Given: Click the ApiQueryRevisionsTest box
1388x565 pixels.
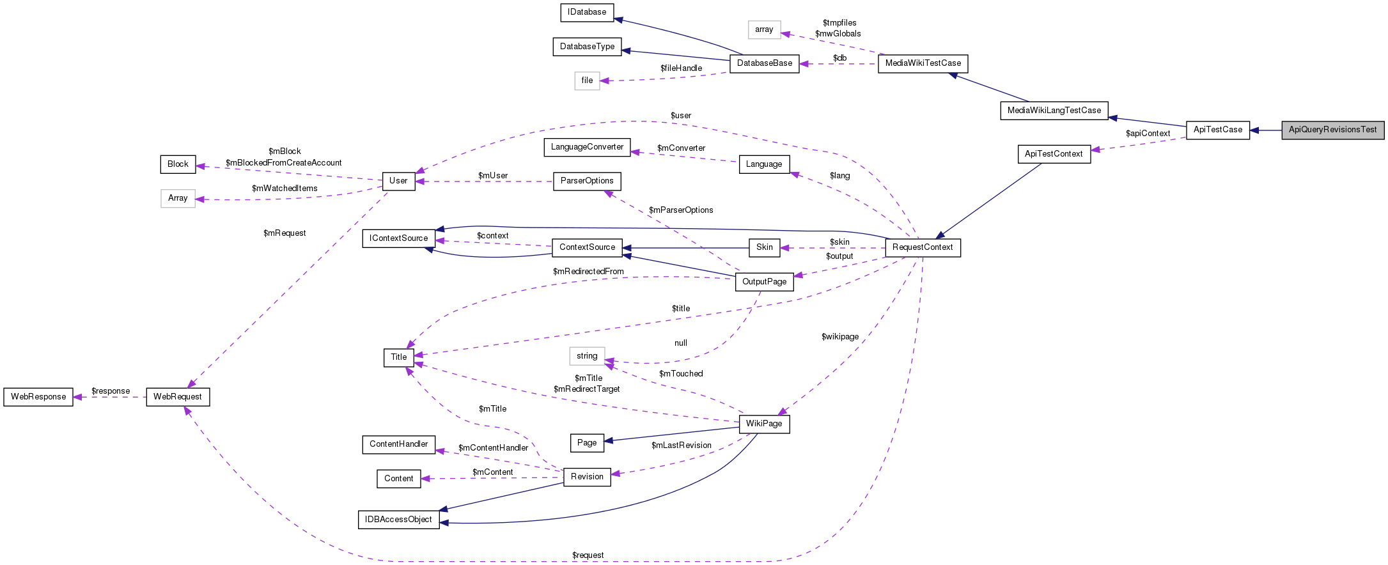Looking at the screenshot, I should coord(1332,130).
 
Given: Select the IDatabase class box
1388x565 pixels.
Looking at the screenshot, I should coord(587,12).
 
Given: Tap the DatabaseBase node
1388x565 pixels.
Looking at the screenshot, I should coord(764,63).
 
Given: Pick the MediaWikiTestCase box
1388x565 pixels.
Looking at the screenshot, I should coord(923,63).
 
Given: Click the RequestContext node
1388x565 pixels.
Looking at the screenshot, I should coord(923,247).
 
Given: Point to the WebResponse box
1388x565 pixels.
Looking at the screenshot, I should coord(38,397).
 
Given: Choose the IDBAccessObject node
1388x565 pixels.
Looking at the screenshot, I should coord(398,520).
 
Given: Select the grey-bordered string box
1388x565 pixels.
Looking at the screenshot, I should coord(587,356).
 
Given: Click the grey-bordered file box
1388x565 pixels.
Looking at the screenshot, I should coord(587,81).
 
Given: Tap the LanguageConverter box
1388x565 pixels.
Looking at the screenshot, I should coord(587,147).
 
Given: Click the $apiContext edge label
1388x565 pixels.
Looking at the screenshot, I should coord(1148,134).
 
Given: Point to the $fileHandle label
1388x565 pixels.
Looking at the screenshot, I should coord(681,68).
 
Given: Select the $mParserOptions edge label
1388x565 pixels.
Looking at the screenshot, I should coord(681,210).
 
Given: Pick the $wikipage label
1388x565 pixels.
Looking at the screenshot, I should coord(840,337).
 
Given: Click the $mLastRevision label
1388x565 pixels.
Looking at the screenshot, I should coord(681,445).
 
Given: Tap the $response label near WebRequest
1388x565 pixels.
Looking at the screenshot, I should coord(111,391).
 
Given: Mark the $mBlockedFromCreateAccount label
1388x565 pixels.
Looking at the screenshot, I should coord(283,163).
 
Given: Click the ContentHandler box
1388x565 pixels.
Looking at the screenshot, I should coord(398,444).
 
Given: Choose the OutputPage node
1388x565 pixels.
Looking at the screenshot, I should coord(764,282).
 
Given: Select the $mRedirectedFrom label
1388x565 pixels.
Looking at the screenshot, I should coord(588,272).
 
